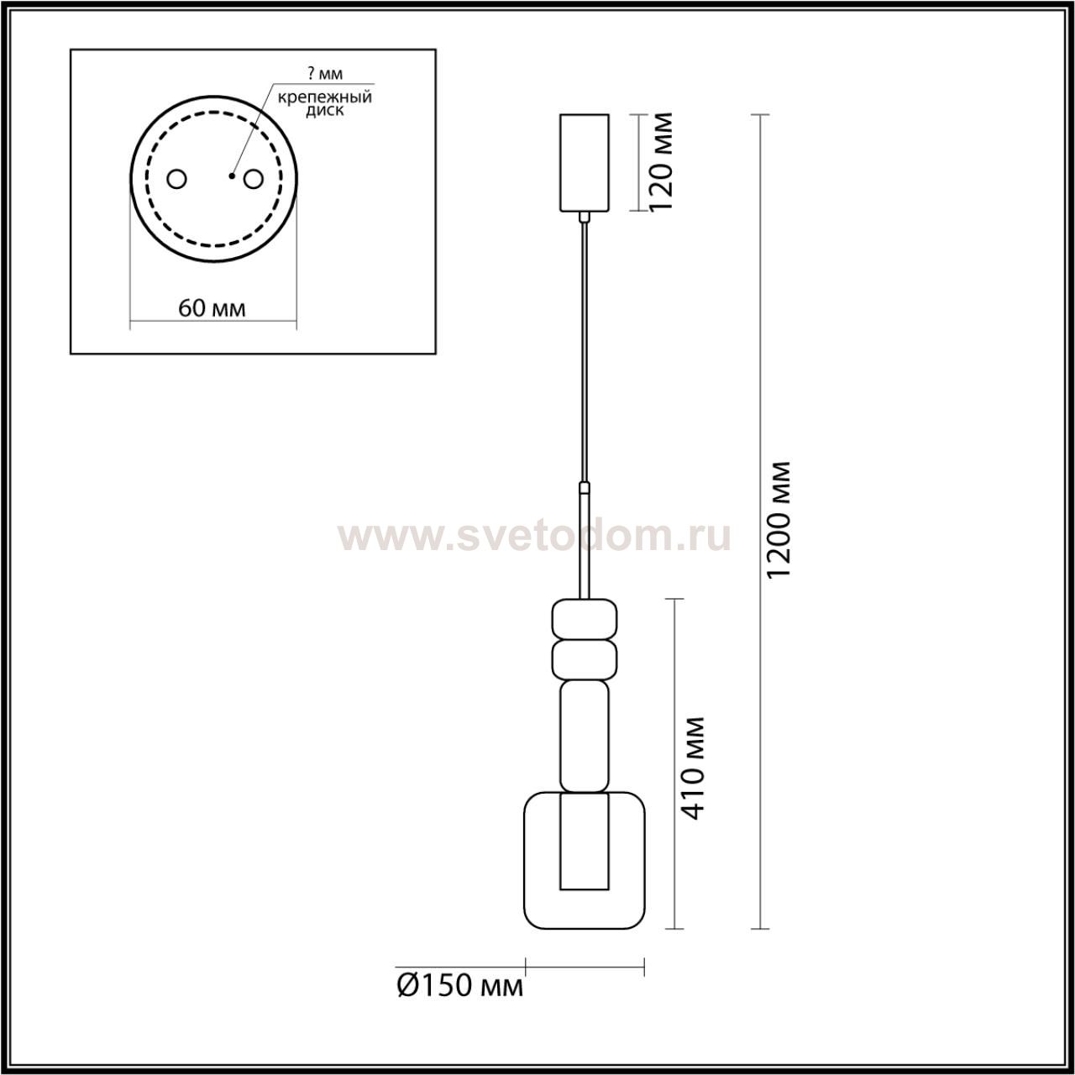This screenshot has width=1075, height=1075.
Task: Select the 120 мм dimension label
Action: tap(662, 161)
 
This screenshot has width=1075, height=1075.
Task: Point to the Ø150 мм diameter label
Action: tap(460, 1001)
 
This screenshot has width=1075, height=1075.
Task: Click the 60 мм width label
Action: tap(212, 307)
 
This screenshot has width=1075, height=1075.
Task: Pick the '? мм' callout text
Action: tap(325, 74)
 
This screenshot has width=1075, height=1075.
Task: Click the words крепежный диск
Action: tap(325, 104)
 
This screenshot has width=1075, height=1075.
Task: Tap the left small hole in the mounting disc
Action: tap(177, 179)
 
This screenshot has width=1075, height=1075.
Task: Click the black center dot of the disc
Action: tap(231, 176)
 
